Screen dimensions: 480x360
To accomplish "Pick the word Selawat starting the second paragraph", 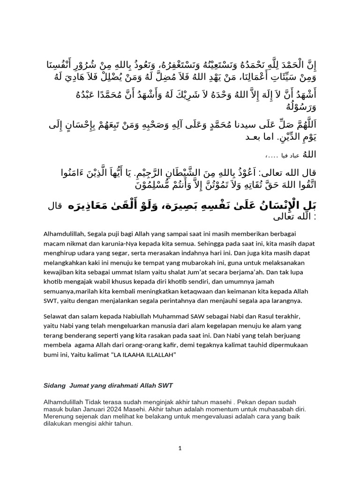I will click(55, 316).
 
